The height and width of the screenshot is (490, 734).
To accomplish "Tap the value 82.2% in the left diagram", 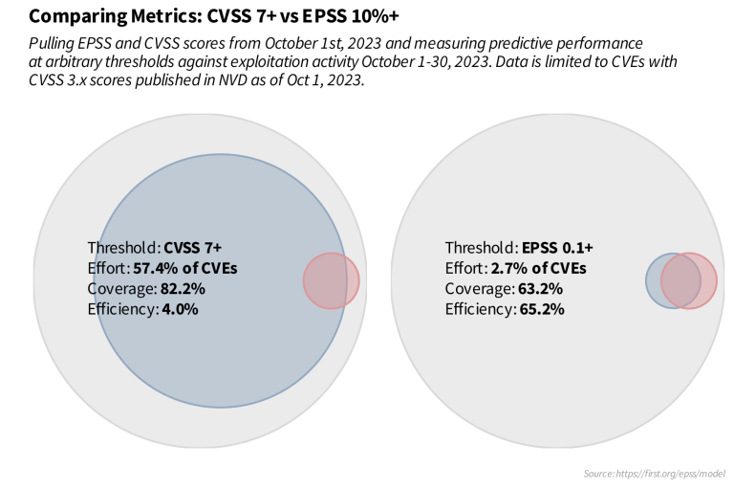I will (x=180, y=288).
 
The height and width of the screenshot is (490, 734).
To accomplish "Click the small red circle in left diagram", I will (x=332, y=281).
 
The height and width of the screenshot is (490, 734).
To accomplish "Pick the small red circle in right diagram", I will (x=689, y=280).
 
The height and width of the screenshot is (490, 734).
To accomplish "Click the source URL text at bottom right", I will (x=654, y=474).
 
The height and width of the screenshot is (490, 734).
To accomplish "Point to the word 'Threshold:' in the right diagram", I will (x=481, y=246).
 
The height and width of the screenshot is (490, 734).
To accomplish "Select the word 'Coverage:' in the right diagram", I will (x=477, y=288).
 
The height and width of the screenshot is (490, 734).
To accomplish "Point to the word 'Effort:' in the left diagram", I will (x=107, y=267).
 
